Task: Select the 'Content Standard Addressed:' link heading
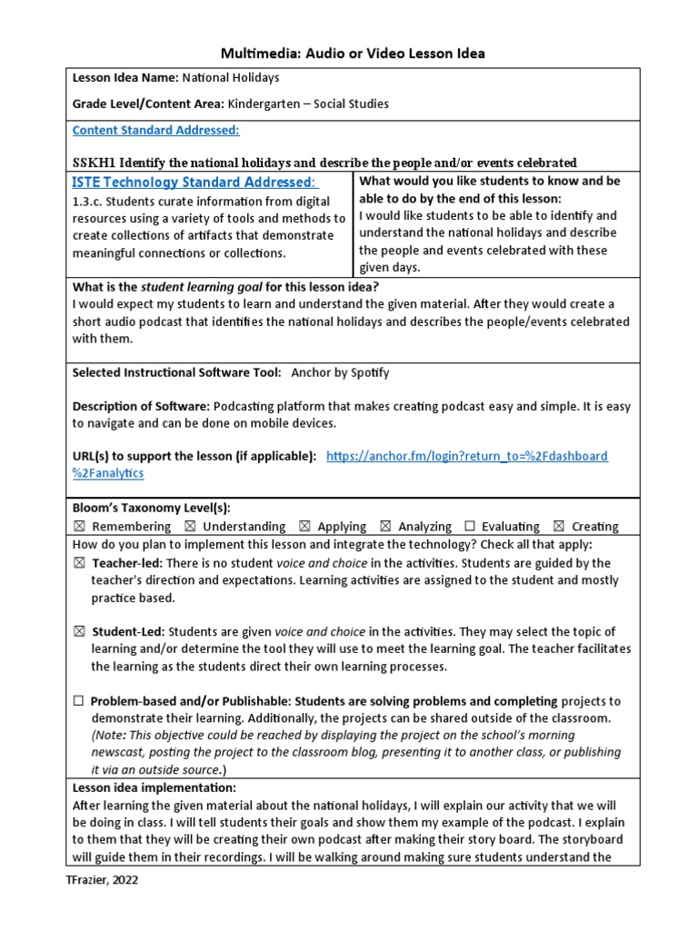click(155, 130)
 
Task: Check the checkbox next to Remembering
click(79, 527)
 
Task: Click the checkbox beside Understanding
click(189, 527)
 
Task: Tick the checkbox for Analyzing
click(385, 527)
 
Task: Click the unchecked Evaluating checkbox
click(470, 527)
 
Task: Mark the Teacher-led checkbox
click(79, 563)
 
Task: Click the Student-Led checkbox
click(79, 632)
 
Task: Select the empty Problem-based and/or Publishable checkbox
click(79, 701)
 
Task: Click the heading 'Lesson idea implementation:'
click(154, 787)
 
